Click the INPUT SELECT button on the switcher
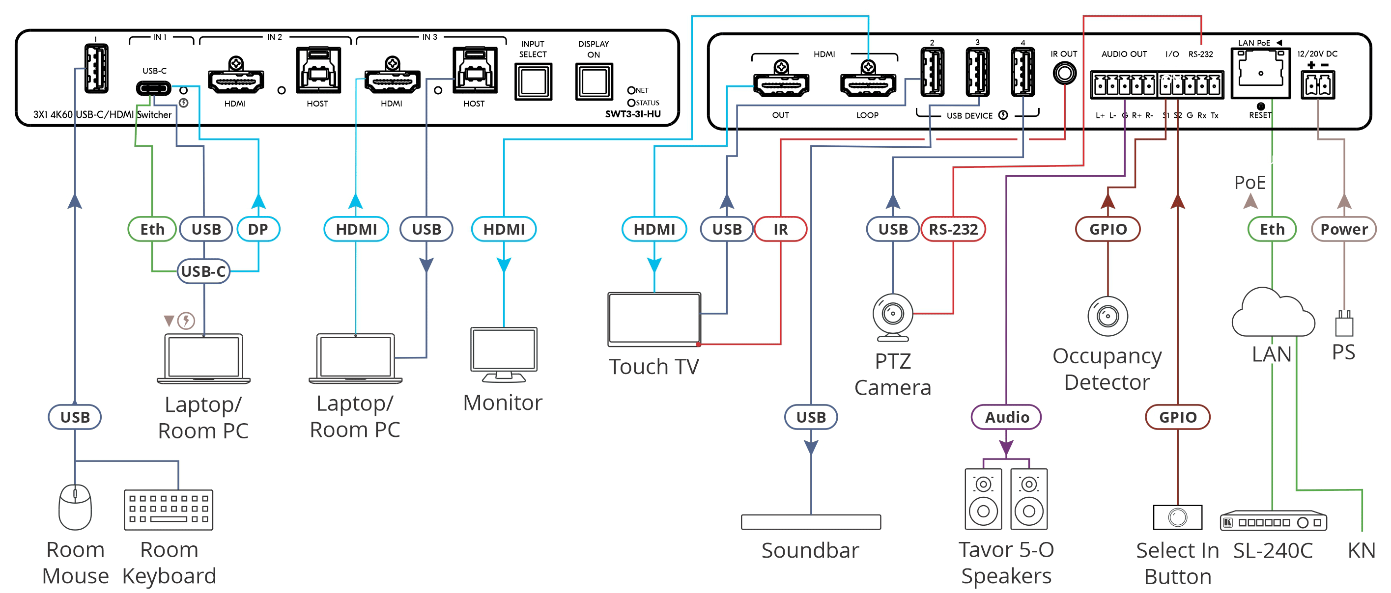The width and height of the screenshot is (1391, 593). tap(533, 81)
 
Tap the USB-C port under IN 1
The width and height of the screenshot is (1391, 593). tap(154, 88)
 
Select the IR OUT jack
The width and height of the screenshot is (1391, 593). tap(1064, 73)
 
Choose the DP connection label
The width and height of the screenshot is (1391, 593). tap(258, 229)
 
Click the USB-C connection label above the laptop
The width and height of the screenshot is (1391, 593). tap(203, 271)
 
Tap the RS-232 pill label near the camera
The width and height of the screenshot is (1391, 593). tap(953, 229)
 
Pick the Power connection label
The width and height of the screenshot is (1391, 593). tap(1343, 229)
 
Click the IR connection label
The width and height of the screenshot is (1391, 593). tap(780, 229)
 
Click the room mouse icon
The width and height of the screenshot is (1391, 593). tap(75, 507)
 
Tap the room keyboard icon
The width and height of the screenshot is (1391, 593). tap(169, 510)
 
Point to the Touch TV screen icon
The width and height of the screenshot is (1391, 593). tap(654, 319)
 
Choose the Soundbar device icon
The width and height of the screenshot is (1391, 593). tap(811, 522)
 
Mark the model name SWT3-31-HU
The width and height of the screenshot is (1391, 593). tap(632, 114)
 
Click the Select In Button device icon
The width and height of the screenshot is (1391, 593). tap(1177, 517)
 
